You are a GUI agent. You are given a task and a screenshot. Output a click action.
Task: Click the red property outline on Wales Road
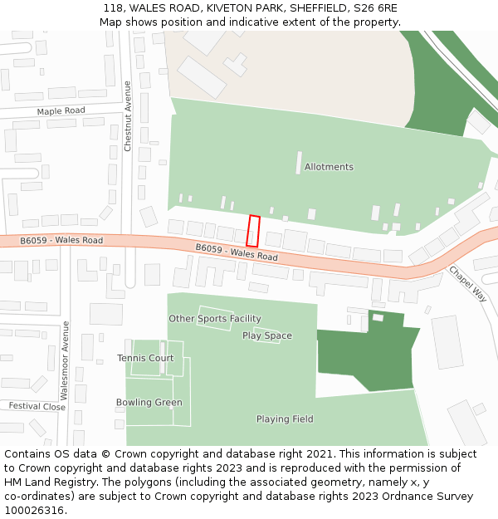(x=254, y=231)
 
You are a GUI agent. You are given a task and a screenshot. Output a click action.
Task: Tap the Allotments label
(x=329, y=167)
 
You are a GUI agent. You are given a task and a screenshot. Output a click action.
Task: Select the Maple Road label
(x=61, y=110)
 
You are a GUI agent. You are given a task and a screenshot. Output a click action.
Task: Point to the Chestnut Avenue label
(x=128, y=115)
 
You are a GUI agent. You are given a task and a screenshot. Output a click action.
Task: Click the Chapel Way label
(x=467, y=283)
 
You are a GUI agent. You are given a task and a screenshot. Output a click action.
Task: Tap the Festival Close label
(x=37, y=406)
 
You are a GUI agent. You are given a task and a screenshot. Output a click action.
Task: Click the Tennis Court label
(x=145, y=358)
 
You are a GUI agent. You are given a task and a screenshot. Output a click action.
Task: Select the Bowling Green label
(x=149, y=403)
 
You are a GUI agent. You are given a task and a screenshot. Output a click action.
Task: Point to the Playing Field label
(x=285, y=419)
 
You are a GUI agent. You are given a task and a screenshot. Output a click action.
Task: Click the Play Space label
(x=267, y=335)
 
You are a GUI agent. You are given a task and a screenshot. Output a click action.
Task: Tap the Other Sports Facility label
(x=215, y=319)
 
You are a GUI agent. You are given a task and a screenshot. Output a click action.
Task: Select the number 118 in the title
(x=114, y=7)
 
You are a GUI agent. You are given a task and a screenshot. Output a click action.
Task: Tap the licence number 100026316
(x=34, y=510)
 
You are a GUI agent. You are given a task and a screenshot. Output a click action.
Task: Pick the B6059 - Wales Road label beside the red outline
(x=237, y=252)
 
